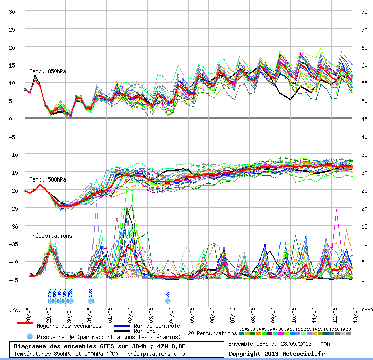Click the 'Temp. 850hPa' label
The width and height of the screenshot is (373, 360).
[48, 71]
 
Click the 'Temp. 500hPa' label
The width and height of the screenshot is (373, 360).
[48, 179]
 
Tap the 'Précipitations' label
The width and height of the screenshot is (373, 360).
[51, 236]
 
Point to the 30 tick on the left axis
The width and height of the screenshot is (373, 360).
[12, 11]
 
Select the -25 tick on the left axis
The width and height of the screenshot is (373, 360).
[10, 208]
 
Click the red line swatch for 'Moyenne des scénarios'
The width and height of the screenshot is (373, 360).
[25, 323]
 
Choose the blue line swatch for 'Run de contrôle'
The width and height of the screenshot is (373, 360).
[122, 326]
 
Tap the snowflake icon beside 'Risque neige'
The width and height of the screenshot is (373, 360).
[30, 336]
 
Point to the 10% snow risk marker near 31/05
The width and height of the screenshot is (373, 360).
[90, 296]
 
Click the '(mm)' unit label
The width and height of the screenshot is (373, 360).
[367, 310]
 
